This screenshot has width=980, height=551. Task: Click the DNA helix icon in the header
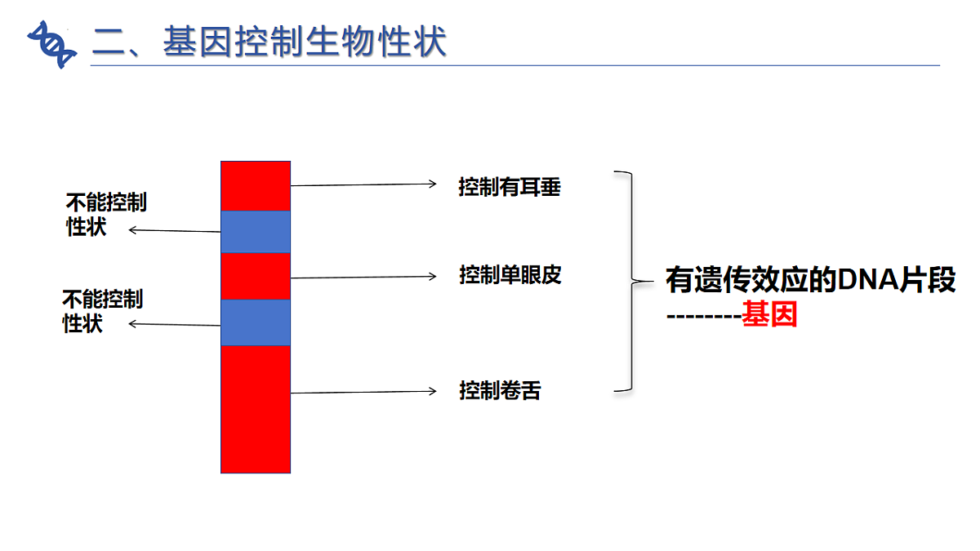click(51, 43)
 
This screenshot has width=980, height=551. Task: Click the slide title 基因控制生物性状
click(269, 41)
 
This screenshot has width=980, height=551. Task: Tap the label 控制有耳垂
click(510, 188)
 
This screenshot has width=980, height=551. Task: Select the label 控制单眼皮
click(510, 275)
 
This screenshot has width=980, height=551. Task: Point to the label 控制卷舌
click(500, 391)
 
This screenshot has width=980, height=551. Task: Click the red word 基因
click(768, 315)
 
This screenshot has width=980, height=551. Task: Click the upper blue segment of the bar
click(256, 231)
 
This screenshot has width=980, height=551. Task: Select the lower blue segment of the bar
click(256, 322)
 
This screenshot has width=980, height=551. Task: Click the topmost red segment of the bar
click(256, 185)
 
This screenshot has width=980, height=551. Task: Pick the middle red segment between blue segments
click(256, 276)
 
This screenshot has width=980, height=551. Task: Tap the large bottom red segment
click(256, 409)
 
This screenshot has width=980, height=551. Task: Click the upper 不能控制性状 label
click(105, 214)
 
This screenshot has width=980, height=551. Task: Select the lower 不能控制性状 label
click(102, 311)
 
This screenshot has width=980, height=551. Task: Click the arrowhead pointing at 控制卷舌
click(433, 391)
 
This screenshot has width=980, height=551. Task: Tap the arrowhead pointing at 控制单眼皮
click(433, 276)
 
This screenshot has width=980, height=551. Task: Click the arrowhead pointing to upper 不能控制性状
click(133, 230)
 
